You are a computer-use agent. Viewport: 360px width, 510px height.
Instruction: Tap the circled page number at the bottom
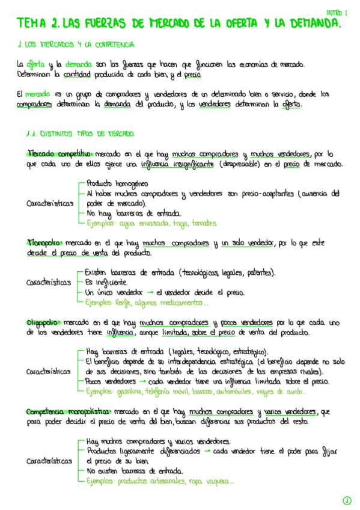tap(347, 500)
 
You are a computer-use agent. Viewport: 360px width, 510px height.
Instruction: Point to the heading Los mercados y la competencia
tap(78, 45)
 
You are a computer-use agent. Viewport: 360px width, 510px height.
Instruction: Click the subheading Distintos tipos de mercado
tap(81, 134)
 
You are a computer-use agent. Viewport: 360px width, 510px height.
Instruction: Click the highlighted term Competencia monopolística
tap(67, 411)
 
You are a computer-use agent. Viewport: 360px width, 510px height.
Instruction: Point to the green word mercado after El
tap(38, 94)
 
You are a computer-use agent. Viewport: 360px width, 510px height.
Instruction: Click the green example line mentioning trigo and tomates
tap(151, 223)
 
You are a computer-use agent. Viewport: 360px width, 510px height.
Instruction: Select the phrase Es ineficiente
tap(106, 281)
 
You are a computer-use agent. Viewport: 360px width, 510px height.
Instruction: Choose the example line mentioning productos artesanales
tap(160, 481)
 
